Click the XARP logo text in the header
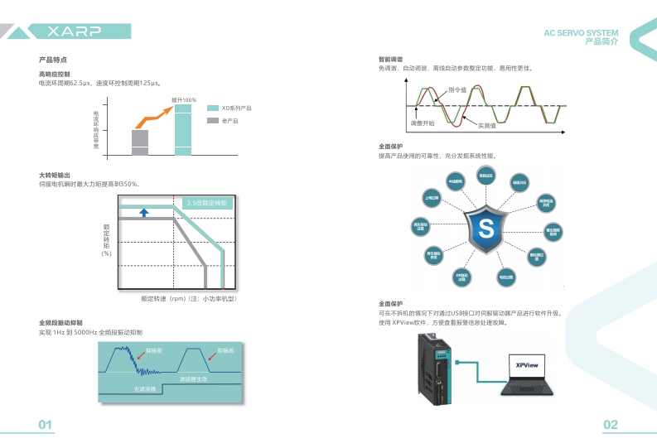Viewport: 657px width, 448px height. coord(74,31)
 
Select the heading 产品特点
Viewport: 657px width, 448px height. coord(53,60)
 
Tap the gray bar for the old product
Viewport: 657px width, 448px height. coord(140,142)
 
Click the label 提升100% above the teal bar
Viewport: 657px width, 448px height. coord(184,99)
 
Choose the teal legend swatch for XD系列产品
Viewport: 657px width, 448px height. coord(212,108)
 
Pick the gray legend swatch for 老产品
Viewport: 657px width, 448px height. coord(212,121)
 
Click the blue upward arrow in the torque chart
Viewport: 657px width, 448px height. coord(143,213)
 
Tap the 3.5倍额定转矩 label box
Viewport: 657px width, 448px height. coord(208,203)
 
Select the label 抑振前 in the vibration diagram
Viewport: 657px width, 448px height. coord(153,351)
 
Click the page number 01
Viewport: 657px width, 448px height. coord(46,425)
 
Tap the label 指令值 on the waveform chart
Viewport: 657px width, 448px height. coord(457,89)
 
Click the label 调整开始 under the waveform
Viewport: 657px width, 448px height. coord(423,123)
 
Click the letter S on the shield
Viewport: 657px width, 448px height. coord(486,226)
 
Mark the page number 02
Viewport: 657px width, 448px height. coord(611,425)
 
